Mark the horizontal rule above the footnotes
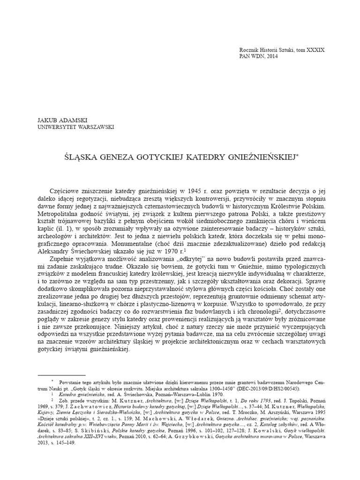tap(61, 375)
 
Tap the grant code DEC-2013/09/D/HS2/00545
tap(270, 389)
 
